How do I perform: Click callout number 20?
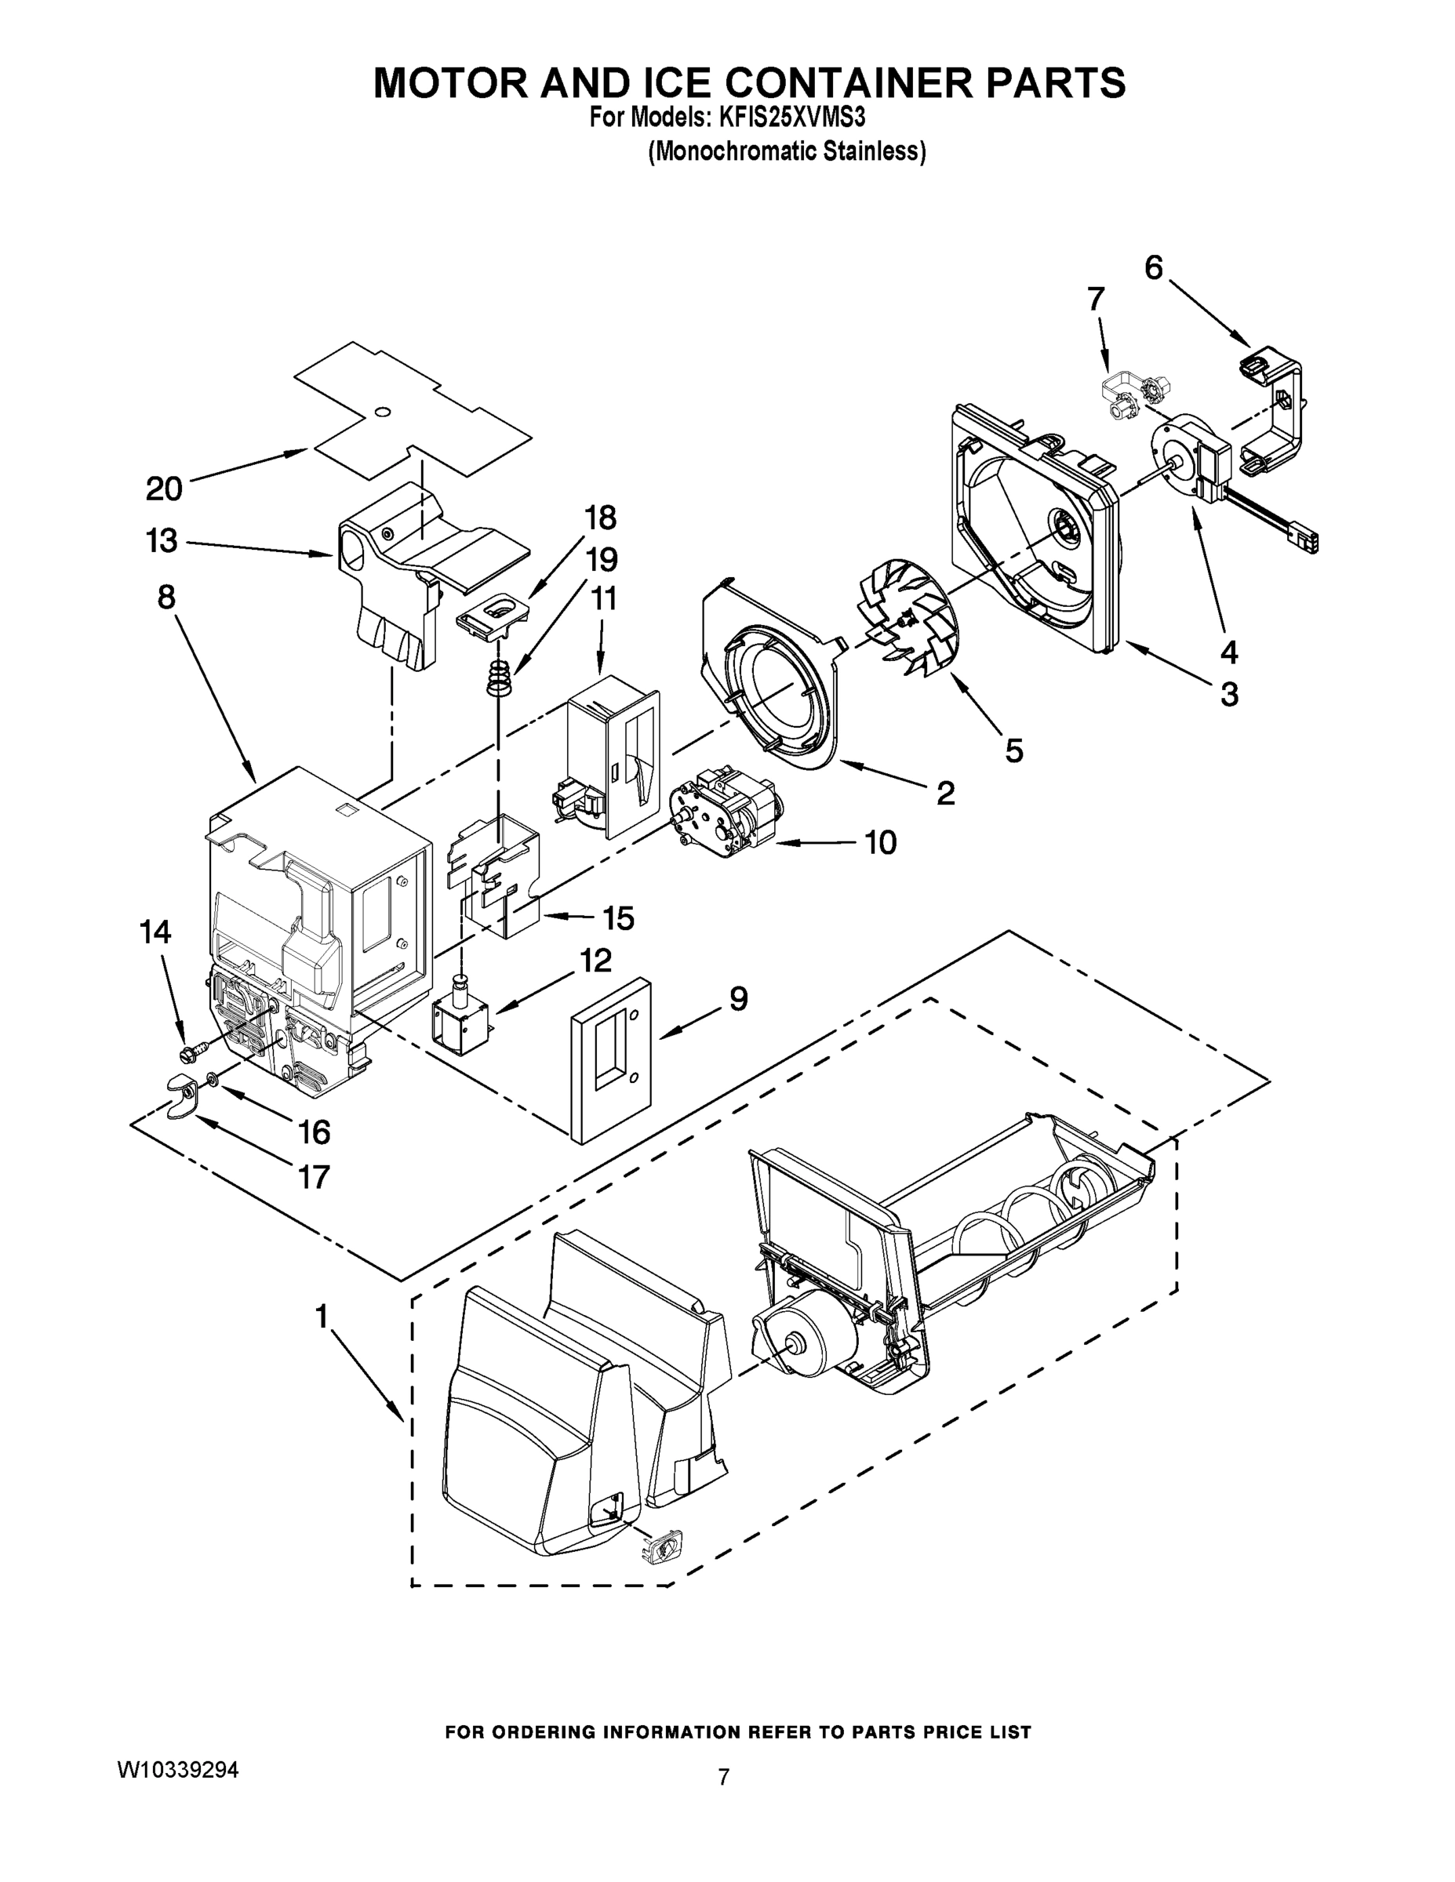point(164,489)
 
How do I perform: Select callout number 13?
point(162,541)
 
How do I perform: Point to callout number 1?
point(322,1317)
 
